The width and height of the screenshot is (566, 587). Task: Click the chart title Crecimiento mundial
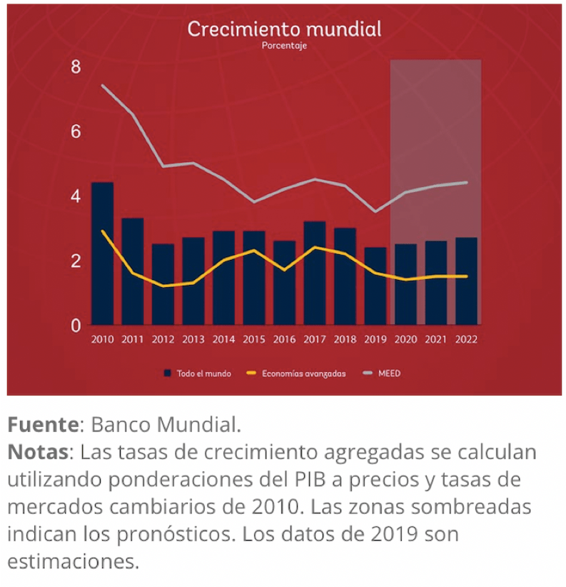(284, 29)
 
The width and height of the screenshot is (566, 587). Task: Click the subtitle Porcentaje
(284, 46)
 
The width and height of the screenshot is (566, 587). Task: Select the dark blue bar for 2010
(103, 254)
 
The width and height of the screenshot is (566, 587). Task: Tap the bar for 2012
(163, 284)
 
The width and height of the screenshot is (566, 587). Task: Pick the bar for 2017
(315, 273)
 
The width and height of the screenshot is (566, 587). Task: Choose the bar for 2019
(375, 286)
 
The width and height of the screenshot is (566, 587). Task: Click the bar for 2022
(467, 281)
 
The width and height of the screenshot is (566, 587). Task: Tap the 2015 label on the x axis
(254, 340)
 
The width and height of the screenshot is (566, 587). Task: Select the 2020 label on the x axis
(405, 340)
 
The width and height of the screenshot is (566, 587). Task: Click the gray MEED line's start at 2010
(103, 86)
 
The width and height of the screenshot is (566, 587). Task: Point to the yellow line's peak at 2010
(103, 231)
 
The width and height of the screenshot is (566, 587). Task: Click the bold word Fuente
(43, 426)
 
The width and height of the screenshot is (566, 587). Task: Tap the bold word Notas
(39, 453)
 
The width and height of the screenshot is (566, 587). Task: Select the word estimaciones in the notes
(73, 561)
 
